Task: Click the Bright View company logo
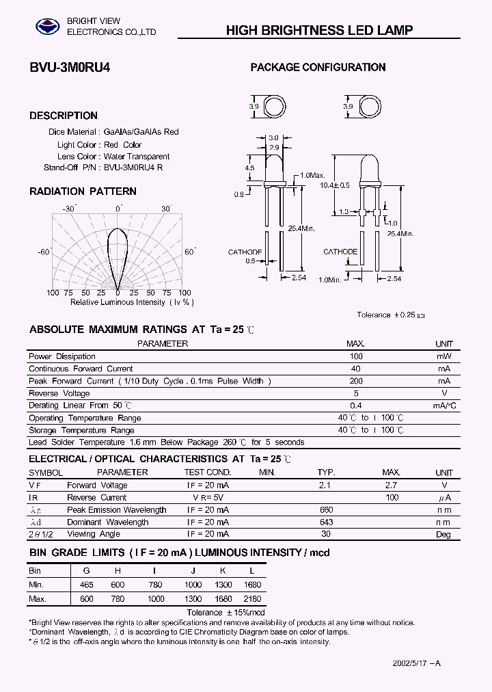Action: click(x=48, y=27)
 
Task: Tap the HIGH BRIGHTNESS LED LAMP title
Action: click(x=319, y=30)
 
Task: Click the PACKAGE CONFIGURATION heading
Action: click(x=318, y=67)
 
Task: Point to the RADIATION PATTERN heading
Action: click(x=83, y=191)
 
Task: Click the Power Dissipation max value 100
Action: click(x=356, y=356)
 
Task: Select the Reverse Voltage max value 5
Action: click(x=356, y=393)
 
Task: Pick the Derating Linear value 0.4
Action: click(x=356, y=405)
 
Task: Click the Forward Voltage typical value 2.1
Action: click(x=325, y=485)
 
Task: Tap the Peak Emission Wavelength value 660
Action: click(x=326, y=509)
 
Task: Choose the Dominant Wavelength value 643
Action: click(x=326, y=522)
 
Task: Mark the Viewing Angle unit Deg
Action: click(x=444, y=534)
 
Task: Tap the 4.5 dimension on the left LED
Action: click(x=249, y=168)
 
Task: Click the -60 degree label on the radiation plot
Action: click(x=44, y=252)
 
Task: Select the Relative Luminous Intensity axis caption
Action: click(x=131, y=302)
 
